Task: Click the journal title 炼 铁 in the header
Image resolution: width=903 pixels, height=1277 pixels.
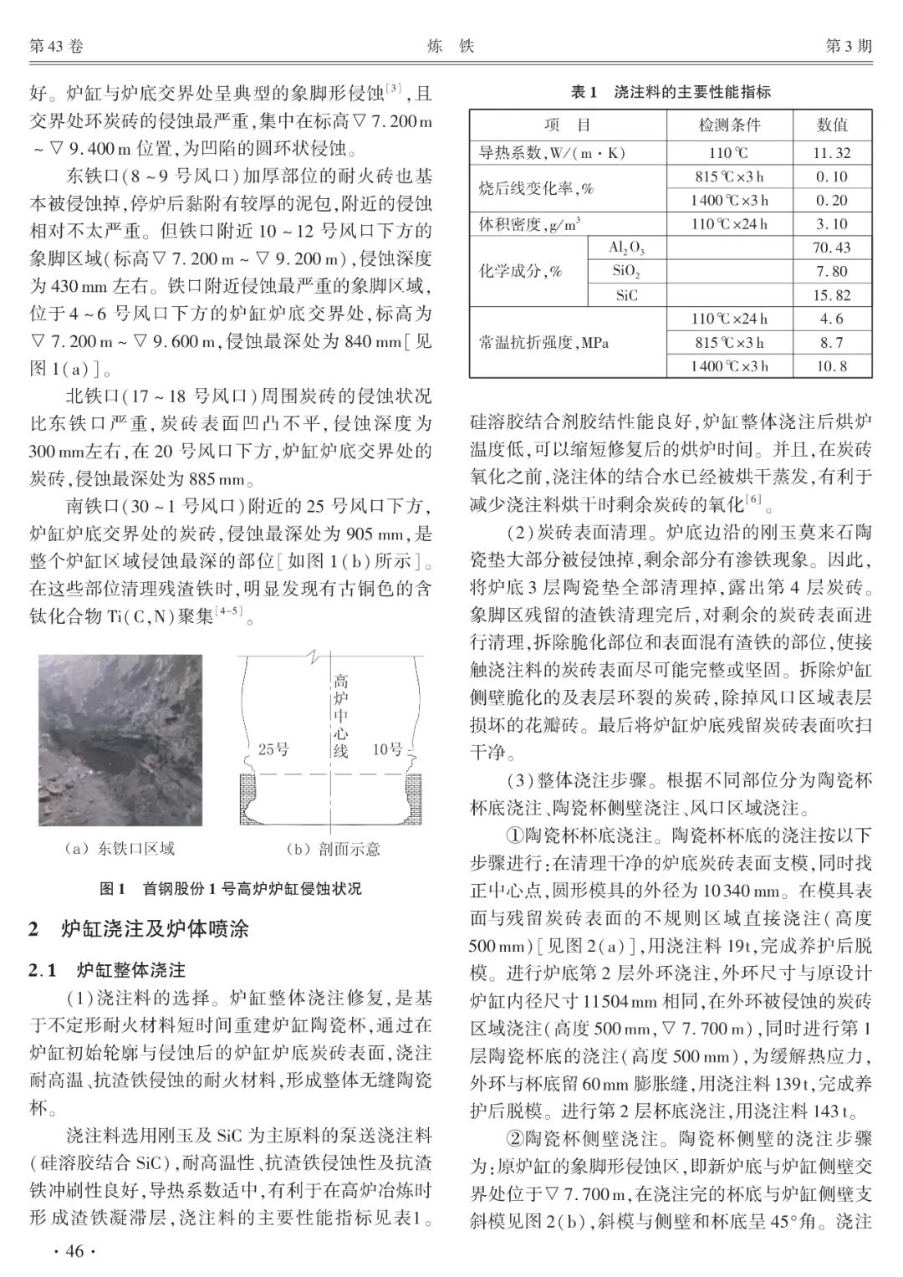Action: tap(451, 47)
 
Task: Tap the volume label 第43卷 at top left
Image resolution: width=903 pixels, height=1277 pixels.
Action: tap(56, 47)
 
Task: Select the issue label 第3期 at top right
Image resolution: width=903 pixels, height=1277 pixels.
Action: tap(849, 47)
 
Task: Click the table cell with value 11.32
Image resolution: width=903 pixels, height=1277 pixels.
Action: tap(831, 153)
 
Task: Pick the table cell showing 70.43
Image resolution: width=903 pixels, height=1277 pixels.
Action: tap(831, 248)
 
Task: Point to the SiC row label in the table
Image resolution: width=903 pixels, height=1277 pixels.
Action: tap(627, 295)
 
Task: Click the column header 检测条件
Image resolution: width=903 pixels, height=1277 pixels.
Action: tap(729, 125)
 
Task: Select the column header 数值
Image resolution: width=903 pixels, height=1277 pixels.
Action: tap(831, 125)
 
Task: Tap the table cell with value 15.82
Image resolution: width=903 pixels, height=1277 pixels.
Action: tap(831, 295)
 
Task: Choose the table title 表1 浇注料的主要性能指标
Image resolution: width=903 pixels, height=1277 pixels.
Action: tap(671, 92)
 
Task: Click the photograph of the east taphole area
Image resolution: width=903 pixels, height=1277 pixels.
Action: tap(120, 739)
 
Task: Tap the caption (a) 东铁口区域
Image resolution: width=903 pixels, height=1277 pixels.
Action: tap(120, 849)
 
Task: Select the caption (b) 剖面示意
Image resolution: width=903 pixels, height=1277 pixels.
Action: tap(332, 849)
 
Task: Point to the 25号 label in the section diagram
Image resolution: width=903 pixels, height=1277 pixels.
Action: tap(273, 749)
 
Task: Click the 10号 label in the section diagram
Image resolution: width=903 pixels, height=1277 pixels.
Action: tap(387, 749)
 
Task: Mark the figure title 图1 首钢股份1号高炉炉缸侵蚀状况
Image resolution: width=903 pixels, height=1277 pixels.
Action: tap(231, 888)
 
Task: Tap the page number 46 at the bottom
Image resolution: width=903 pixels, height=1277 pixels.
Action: tap(75, 1251)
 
